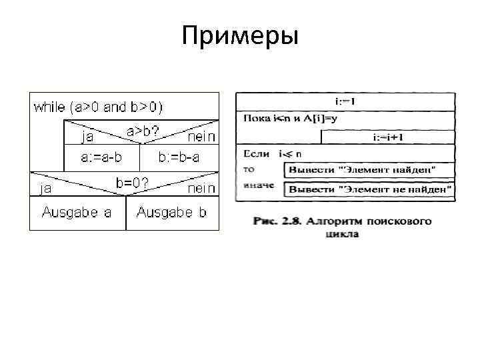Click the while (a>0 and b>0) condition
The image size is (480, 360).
point(98,107)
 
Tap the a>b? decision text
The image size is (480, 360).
point(143,131)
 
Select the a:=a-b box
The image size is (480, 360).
point(101,158)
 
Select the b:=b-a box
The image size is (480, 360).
point(179,158)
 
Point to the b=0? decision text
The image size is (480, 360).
point(131,181)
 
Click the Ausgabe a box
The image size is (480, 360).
point(77,213)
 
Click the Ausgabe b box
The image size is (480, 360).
point(172,213)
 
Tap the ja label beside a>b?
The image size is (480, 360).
point(87,137)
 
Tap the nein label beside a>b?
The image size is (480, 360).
point(201,137)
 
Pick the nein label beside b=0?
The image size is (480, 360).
point(201,189)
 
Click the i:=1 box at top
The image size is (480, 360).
point(345,101)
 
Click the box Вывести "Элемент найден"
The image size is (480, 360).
point(370,170)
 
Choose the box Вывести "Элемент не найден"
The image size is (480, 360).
point(370,190)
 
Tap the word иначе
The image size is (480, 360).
point(259,185)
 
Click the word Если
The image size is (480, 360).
point(256,154)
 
